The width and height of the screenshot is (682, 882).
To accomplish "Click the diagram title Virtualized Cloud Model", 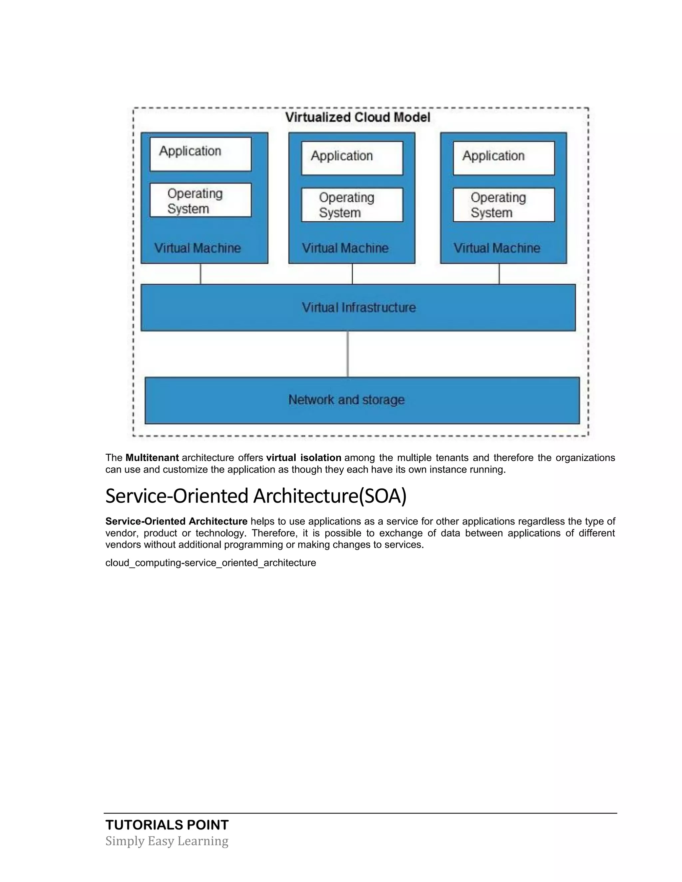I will point(358,117).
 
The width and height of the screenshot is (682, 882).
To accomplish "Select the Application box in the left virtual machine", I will point(200,154).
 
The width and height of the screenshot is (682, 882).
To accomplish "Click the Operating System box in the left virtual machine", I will point(200,200).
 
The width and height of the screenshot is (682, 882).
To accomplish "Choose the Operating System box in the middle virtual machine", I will point(352,205).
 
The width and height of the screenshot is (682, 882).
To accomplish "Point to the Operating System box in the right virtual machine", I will point(504,205).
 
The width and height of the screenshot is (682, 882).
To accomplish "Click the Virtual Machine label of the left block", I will point(197,248).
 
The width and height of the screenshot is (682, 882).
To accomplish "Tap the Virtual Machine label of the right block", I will point(497,248).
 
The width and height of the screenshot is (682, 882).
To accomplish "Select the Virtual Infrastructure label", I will point(359,308).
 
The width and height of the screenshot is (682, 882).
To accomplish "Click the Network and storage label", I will point(346,400).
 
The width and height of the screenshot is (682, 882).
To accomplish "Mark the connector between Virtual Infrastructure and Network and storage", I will point(347,354).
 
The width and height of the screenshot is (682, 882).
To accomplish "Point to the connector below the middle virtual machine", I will point(352,274).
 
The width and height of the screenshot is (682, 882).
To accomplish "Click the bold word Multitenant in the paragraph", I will point(152,458).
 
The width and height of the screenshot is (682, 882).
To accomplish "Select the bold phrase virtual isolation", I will point(303,458).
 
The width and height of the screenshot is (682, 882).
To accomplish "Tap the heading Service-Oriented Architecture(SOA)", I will point(256,496).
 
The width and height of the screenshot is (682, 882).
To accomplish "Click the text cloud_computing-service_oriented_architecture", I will point(210,563).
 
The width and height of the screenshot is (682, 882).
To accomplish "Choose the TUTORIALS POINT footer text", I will point(167,825).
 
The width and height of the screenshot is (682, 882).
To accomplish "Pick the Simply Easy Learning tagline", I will point(167,841).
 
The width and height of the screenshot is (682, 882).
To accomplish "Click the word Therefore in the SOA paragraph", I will point(274,533).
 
